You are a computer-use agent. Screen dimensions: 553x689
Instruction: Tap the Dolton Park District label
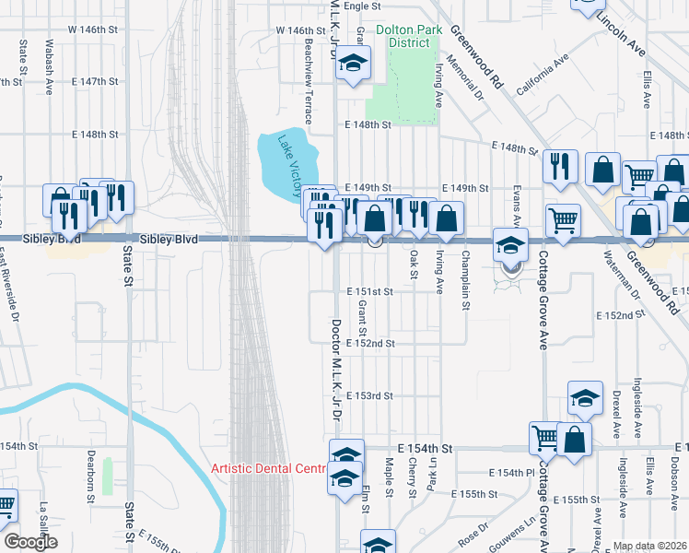[403, 36]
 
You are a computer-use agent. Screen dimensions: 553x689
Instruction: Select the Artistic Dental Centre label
[269, 468]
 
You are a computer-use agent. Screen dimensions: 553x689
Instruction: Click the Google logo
[30, 543]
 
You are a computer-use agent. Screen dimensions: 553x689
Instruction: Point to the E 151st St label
[370, 291]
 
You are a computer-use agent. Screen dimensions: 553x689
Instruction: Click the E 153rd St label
[370, 395]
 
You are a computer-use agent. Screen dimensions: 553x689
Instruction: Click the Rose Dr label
[474, 532]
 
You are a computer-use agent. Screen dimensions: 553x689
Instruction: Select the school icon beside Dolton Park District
[351, 64]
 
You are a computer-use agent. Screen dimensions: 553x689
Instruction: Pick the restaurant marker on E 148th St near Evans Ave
[558, 166]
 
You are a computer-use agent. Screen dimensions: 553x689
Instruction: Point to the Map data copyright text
[650, 546]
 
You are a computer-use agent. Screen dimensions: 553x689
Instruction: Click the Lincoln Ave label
[622, 30]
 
